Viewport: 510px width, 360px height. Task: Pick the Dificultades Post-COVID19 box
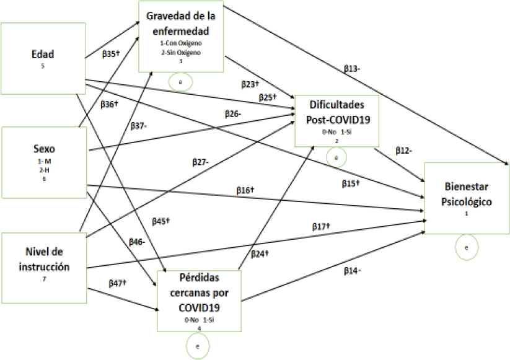coord(336,121)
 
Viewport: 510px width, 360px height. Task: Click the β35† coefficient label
coord(110,54)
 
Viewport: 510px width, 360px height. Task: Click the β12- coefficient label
coord(403,150)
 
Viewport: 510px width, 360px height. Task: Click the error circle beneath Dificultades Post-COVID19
coord(335,158)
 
